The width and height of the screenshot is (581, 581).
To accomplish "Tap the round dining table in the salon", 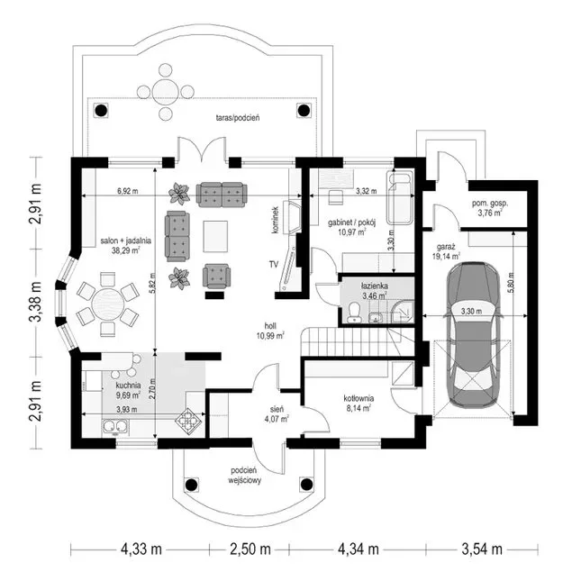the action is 108,305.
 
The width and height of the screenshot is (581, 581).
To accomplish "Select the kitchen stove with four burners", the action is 188,421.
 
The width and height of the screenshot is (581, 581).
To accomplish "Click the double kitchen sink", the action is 115,426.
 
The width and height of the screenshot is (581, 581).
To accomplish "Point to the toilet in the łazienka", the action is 355,312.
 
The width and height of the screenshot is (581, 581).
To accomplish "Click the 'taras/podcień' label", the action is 238,118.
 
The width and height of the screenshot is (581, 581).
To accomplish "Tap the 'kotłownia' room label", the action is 359,398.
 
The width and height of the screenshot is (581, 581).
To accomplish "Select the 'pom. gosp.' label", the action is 490,203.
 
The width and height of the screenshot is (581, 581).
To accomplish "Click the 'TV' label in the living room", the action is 274,264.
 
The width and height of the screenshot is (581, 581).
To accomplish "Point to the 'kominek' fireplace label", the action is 276,220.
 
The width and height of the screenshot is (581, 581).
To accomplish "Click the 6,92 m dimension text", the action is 128,191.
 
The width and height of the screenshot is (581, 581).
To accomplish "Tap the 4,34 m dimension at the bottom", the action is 358,549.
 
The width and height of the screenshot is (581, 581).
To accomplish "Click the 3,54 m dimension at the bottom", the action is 482,549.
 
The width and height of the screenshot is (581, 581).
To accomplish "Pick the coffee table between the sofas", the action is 215,236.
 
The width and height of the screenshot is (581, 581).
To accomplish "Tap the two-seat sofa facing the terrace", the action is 222,195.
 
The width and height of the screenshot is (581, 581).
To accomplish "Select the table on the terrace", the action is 165,92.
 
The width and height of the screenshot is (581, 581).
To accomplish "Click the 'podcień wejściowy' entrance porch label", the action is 244,476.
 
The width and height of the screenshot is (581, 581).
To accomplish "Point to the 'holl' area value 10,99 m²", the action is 270,336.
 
